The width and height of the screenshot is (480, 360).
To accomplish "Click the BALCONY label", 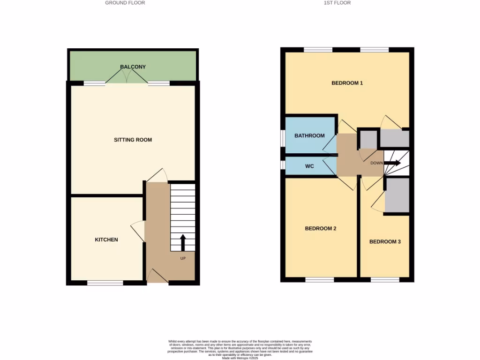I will coord(133,67).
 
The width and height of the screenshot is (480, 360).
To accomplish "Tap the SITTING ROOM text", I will coord(133,140).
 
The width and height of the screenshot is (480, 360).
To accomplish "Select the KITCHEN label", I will coord(106,240).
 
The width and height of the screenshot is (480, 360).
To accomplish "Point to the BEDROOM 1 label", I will coord(347,83).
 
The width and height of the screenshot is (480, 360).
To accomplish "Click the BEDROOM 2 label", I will coord(321,229).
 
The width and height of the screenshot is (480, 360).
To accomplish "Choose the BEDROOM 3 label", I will coord(385,242).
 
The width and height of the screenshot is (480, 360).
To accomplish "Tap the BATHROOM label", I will coord(309,136).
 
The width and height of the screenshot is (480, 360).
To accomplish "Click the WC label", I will coord(309,166).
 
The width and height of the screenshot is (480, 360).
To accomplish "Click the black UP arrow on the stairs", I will coord(183,243).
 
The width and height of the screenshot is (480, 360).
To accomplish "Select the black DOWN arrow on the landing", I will coord(393,163).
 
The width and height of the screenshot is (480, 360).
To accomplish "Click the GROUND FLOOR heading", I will coord(125,3).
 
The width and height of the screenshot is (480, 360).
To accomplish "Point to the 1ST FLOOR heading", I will coord(337,3).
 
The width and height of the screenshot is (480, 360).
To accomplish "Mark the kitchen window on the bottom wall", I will coord(105,283).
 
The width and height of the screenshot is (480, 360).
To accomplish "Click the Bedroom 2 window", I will coord(320,280).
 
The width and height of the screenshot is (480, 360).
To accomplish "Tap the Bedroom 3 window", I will coord(385,280).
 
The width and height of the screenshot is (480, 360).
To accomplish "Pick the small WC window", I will coord(283,166).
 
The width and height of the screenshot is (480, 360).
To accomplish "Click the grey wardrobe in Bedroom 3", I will coord(397,195).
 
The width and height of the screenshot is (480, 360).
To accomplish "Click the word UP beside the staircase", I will coord(183,258).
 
